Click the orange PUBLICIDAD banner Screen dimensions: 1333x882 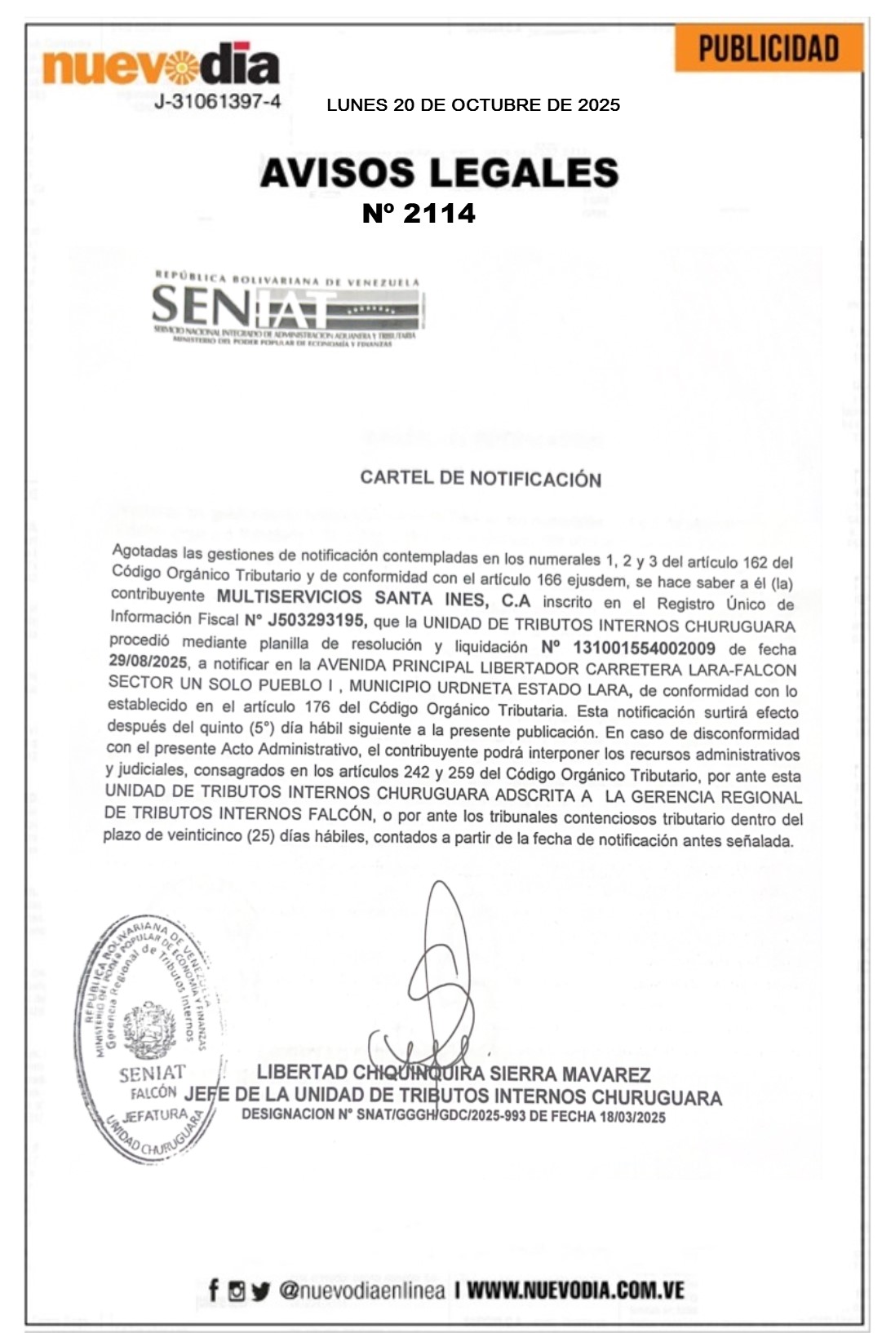[x=768, y=48]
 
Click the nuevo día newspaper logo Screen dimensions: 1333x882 [x=161, y=65]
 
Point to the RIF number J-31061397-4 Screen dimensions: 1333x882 [x=218, y=101]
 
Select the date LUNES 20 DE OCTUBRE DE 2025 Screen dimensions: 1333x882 [x=473, y=105]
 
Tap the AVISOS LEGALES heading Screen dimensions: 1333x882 [x=439, y=173]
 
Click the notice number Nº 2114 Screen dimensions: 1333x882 [x=419, y=214]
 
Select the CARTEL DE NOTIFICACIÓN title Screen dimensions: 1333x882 [x=481, y=478]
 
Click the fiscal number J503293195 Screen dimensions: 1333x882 [x=316, y=621]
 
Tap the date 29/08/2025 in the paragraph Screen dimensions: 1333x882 [x=148, y=662]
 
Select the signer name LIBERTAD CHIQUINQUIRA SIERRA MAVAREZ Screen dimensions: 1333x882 [x=454, y=1074]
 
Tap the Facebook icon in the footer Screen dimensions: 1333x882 [x=214, y=1290]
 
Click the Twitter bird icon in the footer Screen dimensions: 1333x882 [x=260, y=1291]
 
